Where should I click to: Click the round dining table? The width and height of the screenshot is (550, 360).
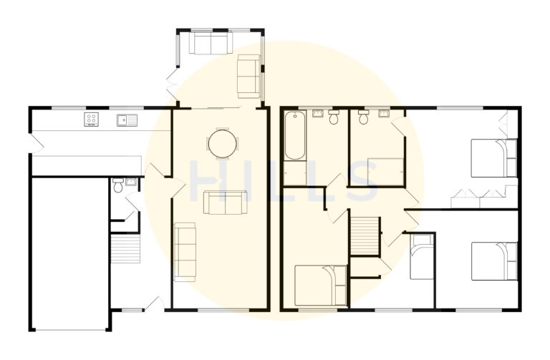(222, 142)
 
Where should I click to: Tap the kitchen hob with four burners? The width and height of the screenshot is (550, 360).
(92, 120)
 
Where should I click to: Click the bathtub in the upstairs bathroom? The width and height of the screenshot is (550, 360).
(294, 136)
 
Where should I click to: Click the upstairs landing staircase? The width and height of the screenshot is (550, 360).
(364, 235)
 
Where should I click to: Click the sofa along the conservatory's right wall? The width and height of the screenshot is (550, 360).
(249, 76)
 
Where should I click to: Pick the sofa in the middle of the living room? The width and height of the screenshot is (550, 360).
(225, 203)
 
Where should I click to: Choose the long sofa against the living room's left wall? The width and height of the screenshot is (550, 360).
(185, 250)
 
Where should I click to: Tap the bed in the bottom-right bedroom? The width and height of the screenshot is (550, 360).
(494, 261)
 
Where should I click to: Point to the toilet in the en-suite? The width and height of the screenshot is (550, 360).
(363, 119)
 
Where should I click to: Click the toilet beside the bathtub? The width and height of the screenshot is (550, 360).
(334, 118)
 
